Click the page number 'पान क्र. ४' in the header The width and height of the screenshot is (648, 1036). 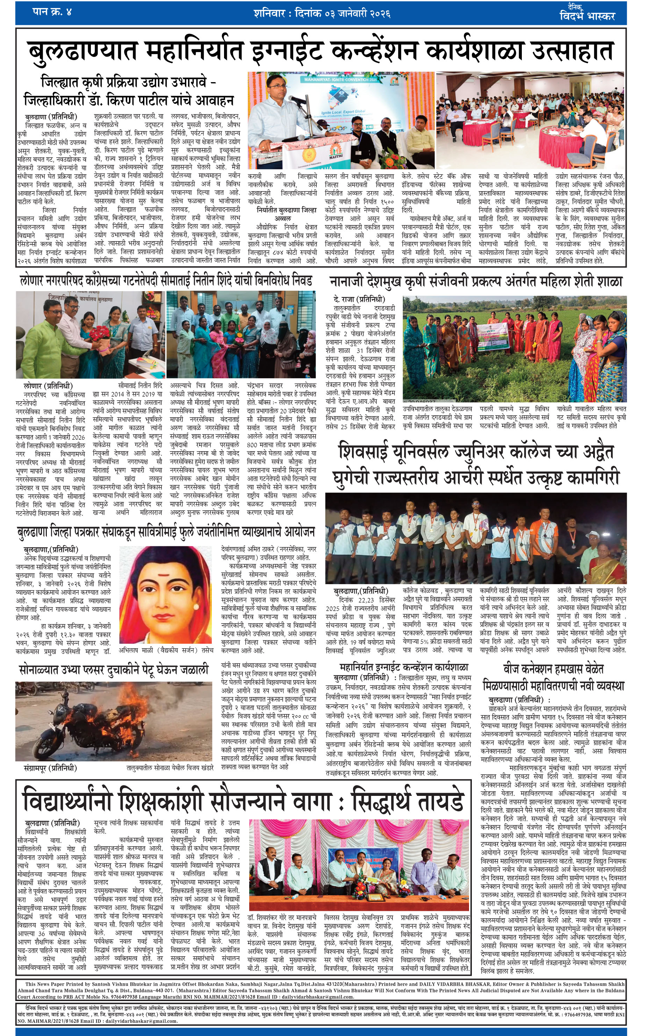click(51, 12)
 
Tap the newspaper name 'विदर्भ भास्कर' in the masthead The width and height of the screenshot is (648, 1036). click(587, 16)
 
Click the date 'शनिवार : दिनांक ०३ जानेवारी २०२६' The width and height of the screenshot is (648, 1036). click(322, 13)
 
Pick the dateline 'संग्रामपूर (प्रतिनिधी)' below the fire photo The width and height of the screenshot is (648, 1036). click(51, 767)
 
